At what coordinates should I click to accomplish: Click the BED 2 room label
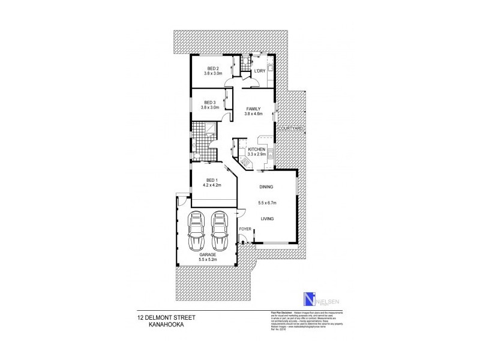213,68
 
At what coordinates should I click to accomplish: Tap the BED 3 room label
209,101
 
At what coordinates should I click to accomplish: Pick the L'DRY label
259,71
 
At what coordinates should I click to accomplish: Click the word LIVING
267,219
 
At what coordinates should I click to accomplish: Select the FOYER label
245,230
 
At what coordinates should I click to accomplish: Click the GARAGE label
208,254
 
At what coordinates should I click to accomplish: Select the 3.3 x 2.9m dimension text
257,154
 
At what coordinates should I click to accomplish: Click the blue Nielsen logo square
309,300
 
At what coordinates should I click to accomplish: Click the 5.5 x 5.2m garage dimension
208,260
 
